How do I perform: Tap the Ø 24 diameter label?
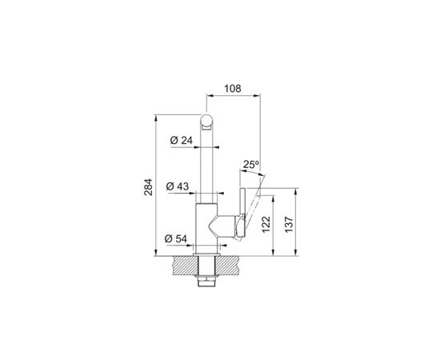(x=182, y=142)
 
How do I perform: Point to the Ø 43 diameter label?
(x=178, y=187)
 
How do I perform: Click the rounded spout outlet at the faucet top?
(x=207, y=122)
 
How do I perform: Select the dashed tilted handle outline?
(x=254, y=204)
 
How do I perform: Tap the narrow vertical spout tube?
(x=207, y=168)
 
